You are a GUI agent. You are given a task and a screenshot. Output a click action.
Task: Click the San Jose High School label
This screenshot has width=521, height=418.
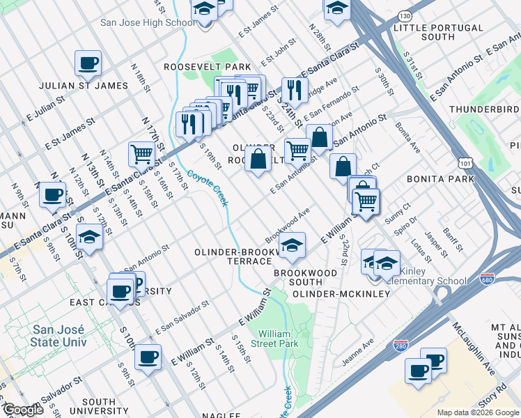[148, 22]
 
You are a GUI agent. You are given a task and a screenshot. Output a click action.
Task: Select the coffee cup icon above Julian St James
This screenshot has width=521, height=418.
[88, 63]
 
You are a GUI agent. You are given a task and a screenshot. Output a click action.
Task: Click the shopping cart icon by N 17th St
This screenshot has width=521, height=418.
[141, 154]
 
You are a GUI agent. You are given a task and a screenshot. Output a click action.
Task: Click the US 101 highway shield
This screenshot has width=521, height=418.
[465, 162]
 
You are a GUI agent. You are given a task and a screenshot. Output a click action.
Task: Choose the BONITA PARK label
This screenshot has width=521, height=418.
[442, 179]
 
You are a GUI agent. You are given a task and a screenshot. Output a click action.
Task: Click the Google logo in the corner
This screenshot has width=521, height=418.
[23, 410]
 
